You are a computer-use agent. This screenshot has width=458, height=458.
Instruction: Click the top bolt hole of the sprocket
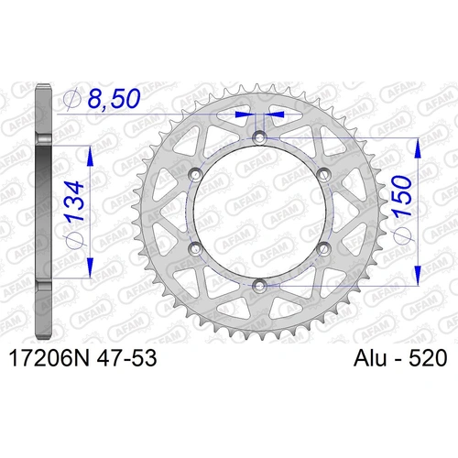259,137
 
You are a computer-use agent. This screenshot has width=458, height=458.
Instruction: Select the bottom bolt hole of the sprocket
259,287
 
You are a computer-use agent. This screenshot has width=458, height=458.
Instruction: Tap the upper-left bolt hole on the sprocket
195,175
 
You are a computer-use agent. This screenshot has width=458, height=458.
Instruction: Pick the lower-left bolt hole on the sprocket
195,249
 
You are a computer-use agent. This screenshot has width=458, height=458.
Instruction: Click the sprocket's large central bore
259,212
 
